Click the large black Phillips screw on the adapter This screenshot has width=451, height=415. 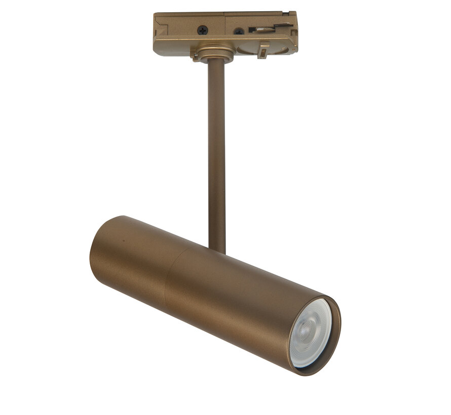[x=202, y=30]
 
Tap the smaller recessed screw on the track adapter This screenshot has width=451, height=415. [x=238, y=31]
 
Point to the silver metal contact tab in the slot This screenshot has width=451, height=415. [x=266, y=29]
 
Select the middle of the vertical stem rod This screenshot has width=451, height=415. [x=216, y=152]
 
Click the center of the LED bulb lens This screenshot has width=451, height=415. [x=312, y=333]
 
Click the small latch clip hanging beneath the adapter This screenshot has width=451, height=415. [x=263, y=50]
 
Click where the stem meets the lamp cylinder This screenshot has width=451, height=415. [x=217, y=249]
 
